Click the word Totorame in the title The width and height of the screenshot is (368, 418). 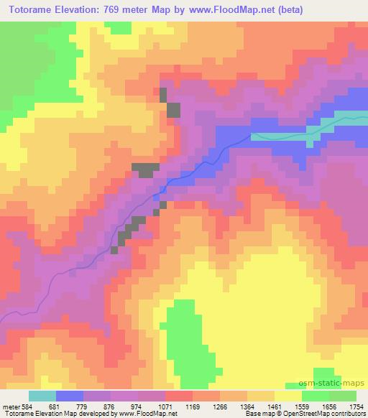[34, 10]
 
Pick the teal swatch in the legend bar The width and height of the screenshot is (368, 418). [42, 396]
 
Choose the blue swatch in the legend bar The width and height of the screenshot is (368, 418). [70, 396]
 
